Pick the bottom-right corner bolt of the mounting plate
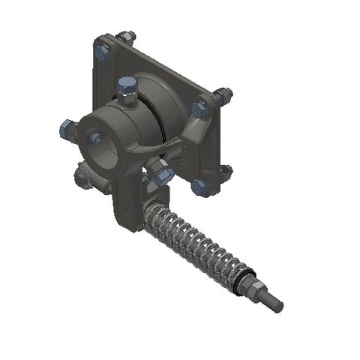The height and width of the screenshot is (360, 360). pyautogui.click(x=198, y=186)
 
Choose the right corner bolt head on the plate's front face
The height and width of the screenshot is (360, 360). pyautogui.click(x=199, y=109)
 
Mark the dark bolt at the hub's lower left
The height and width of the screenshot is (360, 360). pyautogui.click(x=82, y=177)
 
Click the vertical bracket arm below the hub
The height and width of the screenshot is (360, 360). pyautogui.click(x=127, y=206)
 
